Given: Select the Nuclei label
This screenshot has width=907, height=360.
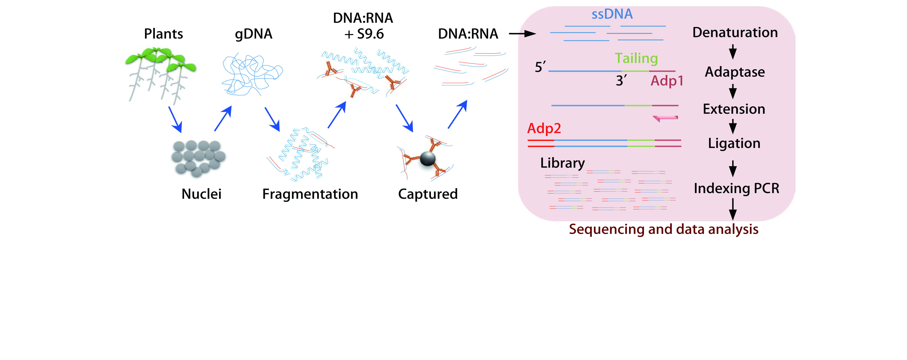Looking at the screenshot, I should point(201,194).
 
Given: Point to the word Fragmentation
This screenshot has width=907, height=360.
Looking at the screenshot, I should point(310,194).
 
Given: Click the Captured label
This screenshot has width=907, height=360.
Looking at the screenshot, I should point(428,194).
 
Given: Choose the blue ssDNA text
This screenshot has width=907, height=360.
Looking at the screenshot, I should point(612,14).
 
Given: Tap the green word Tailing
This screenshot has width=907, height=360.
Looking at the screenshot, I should point(636,59).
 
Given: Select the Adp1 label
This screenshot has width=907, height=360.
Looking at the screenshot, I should point(667,81).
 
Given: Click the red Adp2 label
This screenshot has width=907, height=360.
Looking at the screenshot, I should point(544,128).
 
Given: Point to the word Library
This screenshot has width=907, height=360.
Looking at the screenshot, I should point(562,163).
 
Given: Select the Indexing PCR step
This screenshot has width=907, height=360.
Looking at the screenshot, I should point(736,188).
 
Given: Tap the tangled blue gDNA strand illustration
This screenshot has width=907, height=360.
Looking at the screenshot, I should point(252,75).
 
